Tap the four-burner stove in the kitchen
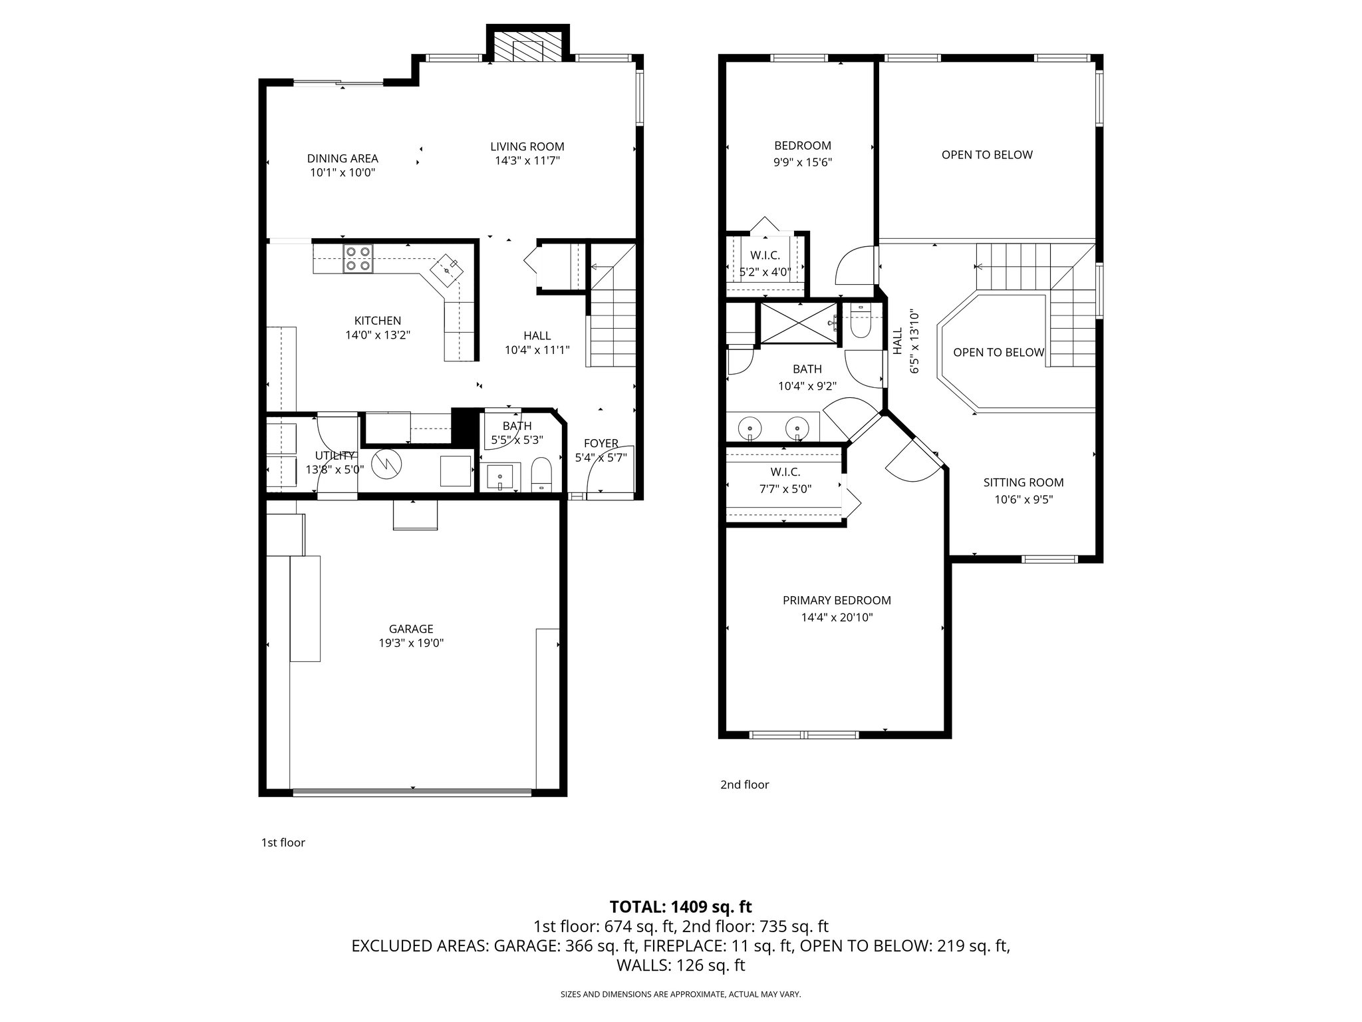pyautogui.click(x=358, y=259)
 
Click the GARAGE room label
pyautogui.click(x=411, y=629)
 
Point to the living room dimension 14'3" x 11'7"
pyautogui.click(x=527, y=161)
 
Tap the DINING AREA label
pyautogui.click(x=342, y=158)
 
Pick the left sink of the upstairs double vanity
pyautogui.click(x=750, y=427)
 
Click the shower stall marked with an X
pyautogui.click(x=799, y=324)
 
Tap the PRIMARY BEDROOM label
pyautogui.click(x=837, y=600)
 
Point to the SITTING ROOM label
pyautogui.click(x=1023, y=482)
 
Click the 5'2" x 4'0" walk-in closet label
pyautogui.click(x=765, y=272)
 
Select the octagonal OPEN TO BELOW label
pyautogui.click(x=998, y=353)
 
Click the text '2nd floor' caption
pyautogui.click(x=744, y=784)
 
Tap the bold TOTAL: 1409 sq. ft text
pyautogui.click(x=680, y=906)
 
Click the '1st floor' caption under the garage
pyautogui.click(x=283, y=842)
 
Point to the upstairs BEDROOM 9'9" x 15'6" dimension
pyautogui.click(x=803, y=162)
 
